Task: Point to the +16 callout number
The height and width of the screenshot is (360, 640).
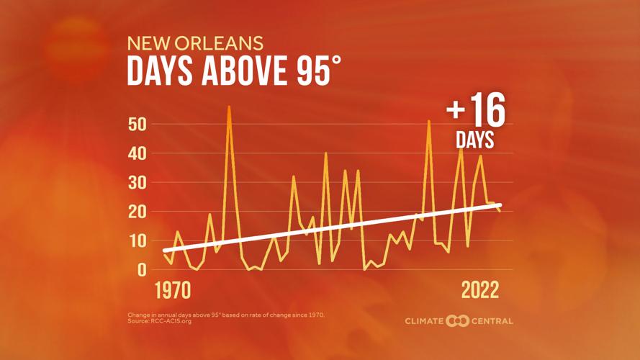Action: (475, 114)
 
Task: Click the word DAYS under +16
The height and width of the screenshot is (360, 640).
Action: (475, 140)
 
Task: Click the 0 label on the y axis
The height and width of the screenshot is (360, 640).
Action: (142, 269)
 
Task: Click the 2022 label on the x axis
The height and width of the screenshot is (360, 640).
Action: (479, 291)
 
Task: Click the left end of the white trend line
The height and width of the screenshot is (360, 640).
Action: (166, 250)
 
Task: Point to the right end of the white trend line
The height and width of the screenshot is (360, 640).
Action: (500, 204)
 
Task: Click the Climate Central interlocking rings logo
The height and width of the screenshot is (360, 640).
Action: (458, 320)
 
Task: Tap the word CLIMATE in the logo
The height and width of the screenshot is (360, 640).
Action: (425, 320)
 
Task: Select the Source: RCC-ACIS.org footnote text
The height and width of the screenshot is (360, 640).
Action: (159, 320)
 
